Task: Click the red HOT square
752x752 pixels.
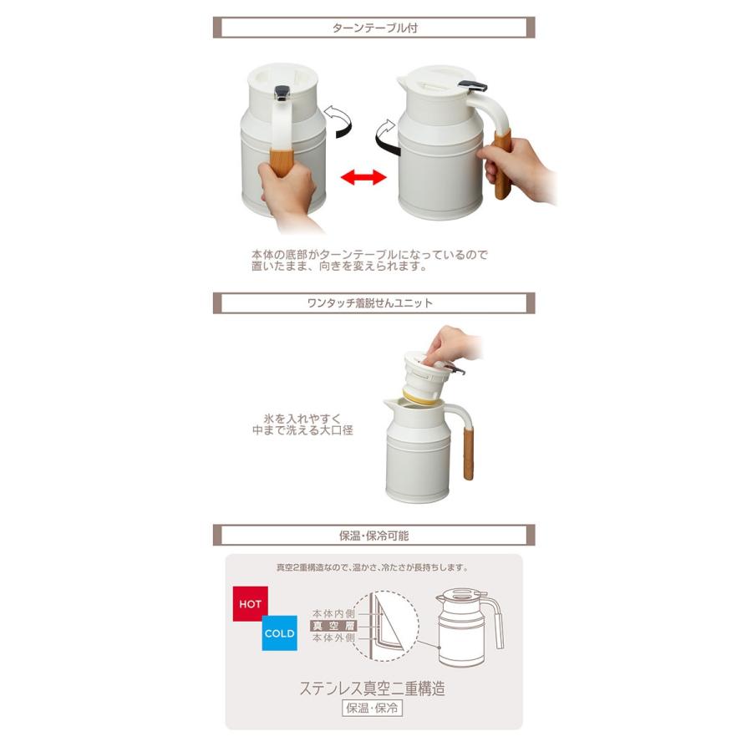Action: pyautogui.click(x=249, y=604)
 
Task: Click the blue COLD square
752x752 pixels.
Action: pyautogui.click(x=279, y=633)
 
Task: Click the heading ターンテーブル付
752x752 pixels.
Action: pyautogui.click(x=373, y=28)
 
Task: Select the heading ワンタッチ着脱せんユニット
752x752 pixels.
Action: pyautogui.click(x=373, y=303)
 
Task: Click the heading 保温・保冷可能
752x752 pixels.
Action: pyautogui.click(x=373, y=535)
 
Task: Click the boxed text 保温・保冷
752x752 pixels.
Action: pyautogui.click(x=373, y=709)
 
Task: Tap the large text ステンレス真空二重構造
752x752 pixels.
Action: pyautogui.click(x=373, y=688)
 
